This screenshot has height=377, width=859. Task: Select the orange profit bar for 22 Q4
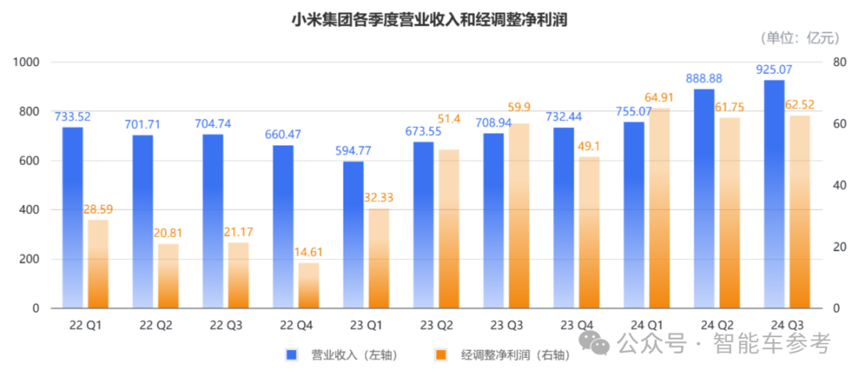pos(309,285)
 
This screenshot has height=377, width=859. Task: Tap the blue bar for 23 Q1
pos(353,235)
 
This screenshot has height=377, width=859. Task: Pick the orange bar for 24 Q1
pos(659,208)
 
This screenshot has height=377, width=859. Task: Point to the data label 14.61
pos(309,252)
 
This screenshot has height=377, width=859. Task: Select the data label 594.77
pos(353,151)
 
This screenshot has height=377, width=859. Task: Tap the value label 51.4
pos(449,119)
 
